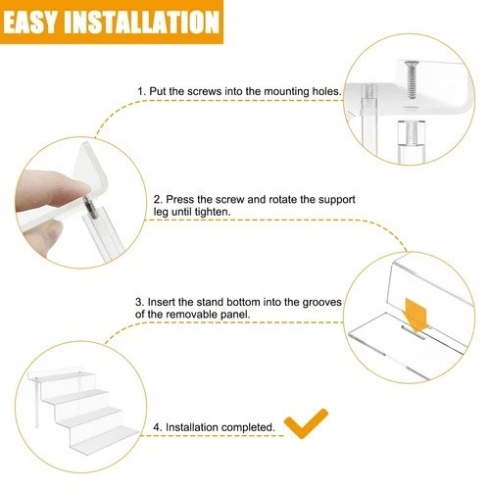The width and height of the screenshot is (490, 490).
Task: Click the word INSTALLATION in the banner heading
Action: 141,22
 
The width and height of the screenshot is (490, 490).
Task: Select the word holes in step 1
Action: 326,91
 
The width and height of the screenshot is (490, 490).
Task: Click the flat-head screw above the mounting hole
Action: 412,79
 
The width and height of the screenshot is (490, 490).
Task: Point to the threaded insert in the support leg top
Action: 412,133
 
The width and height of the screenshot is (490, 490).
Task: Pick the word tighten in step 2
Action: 213,212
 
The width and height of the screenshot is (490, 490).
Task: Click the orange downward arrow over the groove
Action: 416,316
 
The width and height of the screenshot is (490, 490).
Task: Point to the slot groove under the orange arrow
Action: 414,332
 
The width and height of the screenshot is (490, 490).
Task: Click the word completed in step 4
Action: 248,427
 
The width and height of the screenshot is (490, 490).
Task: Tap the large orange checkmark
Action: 306,423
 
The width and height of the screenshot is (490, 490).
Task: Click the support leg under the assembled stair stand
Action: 37,403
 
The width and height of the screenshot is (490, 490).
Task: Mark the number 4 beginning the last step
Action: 157,427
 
